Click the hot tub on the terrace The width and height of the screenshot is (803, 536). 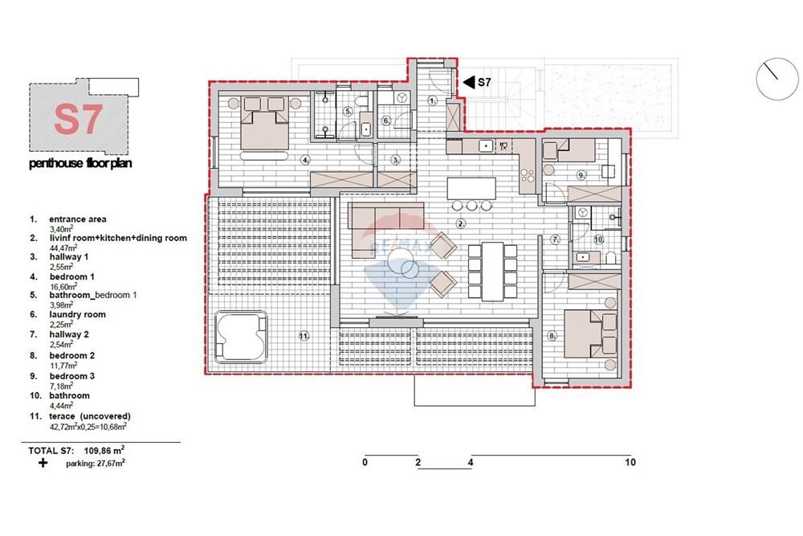point(241,336)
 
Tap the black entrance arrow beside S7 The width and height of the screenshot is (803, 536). point(468,82)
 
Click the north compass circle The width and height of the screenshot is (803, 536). point(777,79)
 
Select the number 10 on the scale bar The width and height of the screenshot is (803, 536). point(630,462)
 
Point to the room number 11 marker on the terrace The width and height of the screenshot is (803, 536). point(304,336)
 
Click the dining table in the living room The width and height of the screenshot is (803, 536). point(493,271)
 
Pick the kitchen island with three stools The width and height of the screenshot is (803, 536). point(471,188)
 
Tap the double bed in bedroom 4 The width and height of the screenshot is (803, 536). point(265,123)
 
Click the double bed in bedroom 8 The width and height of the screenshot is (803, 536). point(590,333)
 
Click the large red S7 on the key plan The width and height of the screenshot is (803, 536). point(79,120)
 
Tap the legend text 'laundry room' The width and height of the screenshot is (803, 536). point(77,315)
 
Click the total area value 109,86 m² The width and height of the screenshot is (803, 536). point(104,451)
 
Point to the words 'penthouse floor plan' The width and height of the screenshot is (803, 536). point(80,163)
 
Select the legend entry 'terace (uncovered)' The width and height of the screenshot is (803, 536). point(90,416)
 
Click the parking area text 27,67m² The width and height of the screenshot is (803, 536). point(111,463)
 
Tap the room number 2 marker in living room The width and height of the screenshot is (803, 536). point(461,223)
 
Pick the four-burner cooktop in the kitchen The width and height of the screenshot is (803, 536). point(528,176)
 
